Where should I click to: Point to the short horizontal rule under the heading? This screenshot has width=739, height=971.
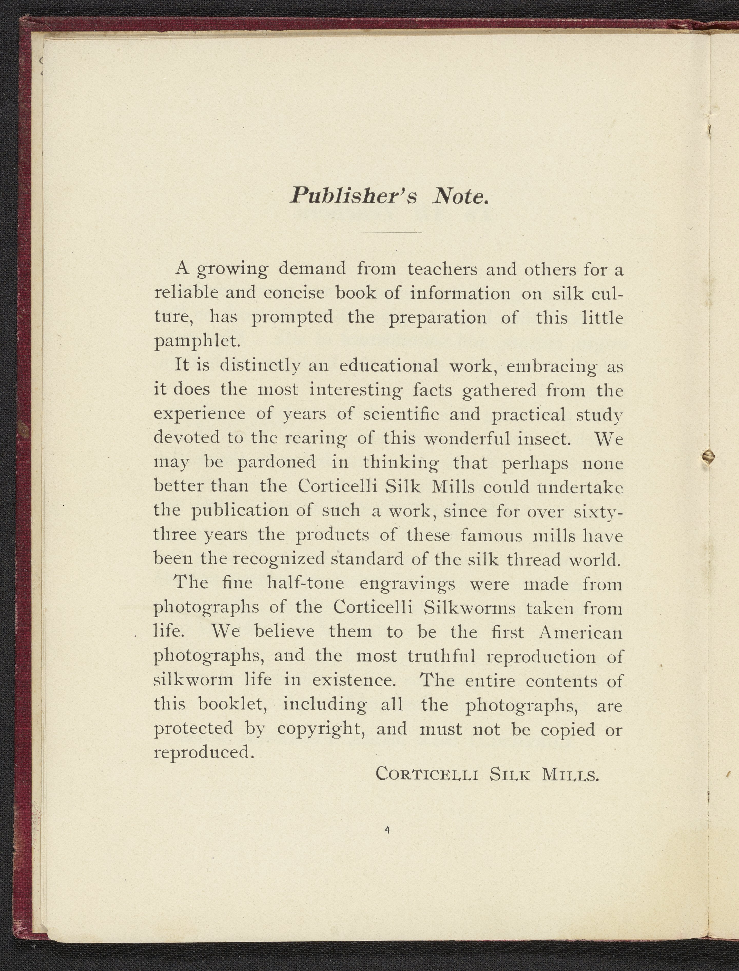tap(389, 232)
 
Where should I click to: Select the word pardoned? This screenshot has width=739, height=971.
tap(276, 462)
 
